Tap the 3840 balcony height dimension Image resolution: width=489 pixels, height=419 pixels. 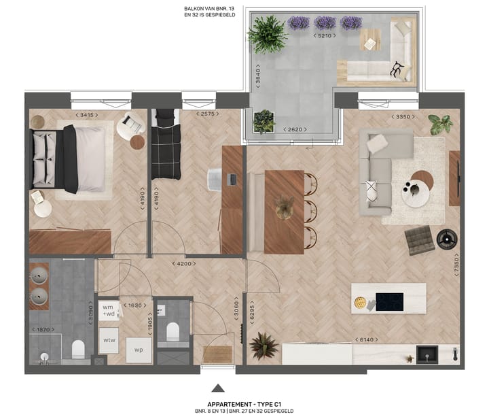(x=258, y=84)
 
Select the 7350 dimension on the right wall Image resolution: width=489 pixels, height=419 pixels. (x=456, y=267)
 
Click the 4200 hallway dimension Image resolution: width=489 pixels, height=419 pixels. (x=184, y=264)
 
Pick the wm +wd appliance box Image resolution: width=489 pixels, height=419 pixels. (x=108, y=310)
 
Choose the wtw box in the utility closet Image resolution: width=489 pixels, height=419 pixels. (x=108, y=339)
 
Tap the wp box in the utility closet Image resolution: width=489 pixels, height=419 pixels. (x=138, y=350)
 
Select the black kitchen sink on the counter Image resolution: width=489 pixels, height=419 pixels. (x=427, y=354)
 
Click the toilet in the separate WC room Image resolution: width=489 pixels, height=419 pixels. (x=173, y=331)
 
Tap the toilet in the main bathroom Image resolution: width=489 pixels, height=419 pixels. (x=77, y=349)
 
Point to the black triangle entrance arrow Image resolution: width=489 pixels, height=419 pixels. (x=218, y=388)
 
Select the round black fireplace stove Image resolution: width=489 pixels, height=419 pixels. (x=446, y=238)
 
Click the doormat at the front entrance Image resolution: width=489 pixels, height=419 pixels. (x=218, y=355)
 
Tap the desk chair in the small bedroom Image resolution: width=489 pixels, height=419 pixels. (x=216, y=179)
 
